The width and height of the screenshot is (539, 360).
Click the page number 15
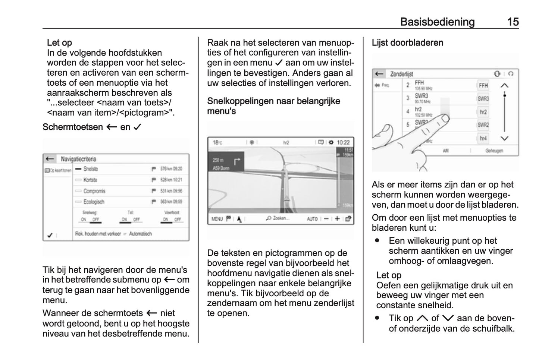(x=513, y=22)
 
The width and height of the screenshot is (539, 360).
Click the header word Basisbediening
(x=437, y=22)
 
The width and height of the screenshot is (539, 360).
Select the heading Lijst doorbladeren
(x=407, y=43)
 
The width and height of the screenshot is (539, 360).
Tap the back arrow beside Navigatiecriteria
(x=50, y=159)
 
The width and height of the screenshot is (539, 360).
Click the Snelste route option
(x=91, y=169)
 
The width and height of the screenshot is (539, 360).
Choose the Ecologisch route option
(x=94, y=202)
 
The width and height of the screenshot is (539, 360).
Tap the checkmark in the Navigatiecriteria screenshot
(x=50, y=235)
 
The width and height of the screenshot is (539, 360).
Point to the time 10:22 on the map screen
(x=343, y=142)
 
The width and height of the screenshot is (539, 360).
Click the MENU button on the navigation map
(x=217, y=219)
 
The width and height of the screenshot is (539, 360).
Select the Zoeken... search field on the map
(x=278, y=218)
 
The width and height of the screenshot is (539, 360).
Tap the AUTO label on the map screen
(x=312, y=219)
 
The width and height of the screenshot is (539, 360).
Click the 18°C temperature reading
(x=217, y=142)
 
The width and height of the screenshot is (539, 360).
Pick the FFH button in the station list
(x=483, y=85)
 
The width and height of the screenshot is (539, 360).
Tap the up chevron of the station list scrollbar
(x=504, y=85)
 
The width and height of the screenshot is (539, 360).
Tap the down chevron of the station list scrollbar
(x=504, y=138)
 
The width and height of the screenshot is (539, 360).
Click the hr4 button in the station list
(x=483, y=138)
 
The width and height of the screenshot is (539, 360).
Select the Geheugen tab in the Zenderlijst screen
(x=494, y=151)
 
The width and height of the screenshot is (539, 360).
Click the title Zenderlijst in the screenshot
(x=401, y=74)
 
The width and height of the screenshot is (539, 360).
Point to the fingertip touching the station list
(x=444, y=119)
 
